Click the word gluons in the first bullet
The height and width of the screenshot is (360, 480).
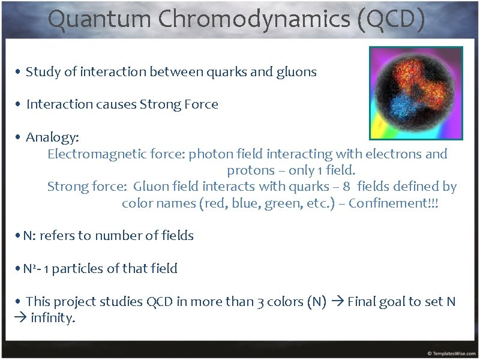click(x=296, y=73)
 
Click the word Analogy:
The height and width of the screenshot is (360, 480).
click(x=52, y=138)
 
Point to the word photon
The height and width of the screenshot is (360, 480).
click(x=208, y=154)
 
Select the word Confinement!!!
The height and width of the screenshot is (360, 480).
click(x=394, y=203)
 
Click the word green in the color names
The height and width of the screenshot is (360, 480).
click(x=280, y=203)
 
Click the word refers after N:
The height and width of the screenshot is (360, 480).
click(x=58, y=236)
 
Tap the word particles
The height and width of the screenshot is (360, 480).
click(x=78, y=269)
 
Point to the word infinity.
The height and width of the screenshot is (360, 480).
click(x=52, y=319)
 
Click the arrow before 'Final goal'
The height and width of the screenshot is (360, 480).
click(x=337, y=302)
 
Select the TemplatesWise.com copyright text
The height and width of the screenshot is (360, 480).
click(x=451, y=353)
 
